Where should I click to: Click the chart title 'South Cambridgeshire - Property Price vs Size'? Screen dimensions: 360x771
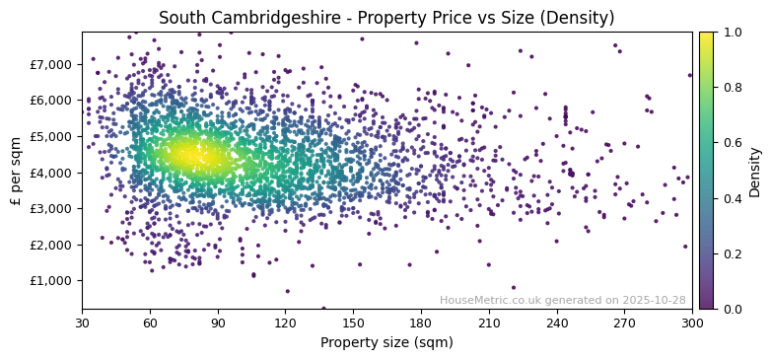(386, 18)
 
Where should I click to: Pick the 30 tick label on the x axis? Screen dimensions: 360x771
(82, 324)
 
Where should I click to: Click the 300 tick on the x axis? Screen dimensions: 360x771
(692, 324)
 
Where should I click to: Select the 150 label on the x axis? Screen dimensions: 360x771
(353, 324)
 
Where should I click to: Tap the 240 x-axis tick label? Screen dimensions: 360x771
(556, 324)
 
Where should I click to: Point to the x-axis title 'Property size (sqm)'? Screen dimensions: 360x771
(386, 343)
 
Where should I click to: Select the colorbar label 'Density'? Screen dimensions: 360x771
(755, 170)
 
